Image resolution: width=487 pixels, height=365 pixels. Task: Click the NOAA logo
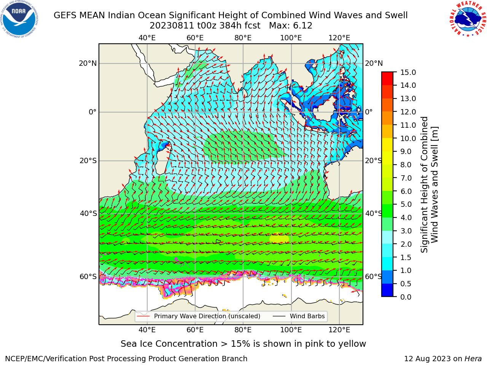click(19, 19)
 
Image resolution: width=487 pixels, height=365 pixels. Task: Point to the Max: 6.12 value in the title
click(291, 26)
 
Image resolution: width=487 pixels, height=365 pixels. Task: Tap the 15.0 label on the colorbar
click(408, 73)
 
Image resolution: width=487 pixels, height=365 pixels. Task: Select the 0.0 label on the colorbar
click(406, 297)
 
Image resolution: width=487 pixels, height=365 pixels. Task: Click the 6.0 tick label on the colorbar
click(406, 191)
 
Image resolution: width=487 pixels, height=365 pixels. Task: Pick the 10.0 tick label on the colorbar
click(408, 138)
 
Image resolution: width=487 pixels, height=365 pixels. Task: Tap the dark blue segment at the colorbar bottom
click(387, 290)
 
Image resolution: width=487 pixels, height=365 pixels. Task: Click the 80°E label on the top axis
click(243, 38)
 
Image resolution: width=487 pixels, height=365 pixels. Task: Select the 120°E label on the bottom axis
click(339, 330)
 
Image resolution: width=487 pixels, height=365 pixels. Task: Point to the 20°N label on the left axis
click(88, 63)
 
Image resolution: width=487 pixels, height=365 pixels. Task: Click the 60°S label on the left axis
click(88, 276)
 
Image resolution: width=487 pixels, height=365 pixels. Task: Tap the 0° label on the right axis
click(369, 112)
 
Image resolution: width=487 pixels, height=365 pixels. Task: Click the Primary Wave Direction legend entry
click(199, 316)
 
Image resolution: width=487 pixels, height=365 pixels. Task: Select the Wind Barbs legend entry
click(299, 316)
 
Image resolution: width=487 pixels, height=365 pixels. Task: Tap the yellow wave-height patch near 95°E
click(279, 239)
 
